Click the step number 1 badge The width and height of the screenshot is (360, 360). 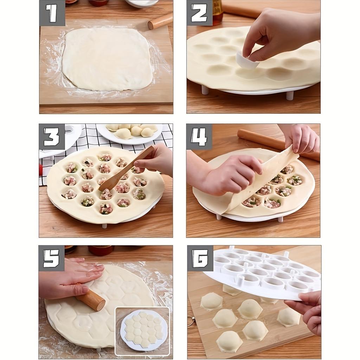click(52, 13)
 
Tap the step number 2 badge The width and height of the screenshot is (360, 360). click(199, 13)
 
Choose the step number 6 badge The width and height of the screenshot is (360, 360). click(200, 258)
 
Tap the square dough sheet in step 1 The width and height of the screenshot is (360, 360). click(107, 59)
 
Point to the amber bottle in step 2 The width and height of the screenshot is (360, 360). click(217, 11)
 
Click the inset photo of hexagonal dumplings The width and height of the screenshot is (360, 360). click(142, 330)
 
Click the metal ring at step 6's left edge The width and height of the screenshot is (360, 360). click(191, 321)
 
